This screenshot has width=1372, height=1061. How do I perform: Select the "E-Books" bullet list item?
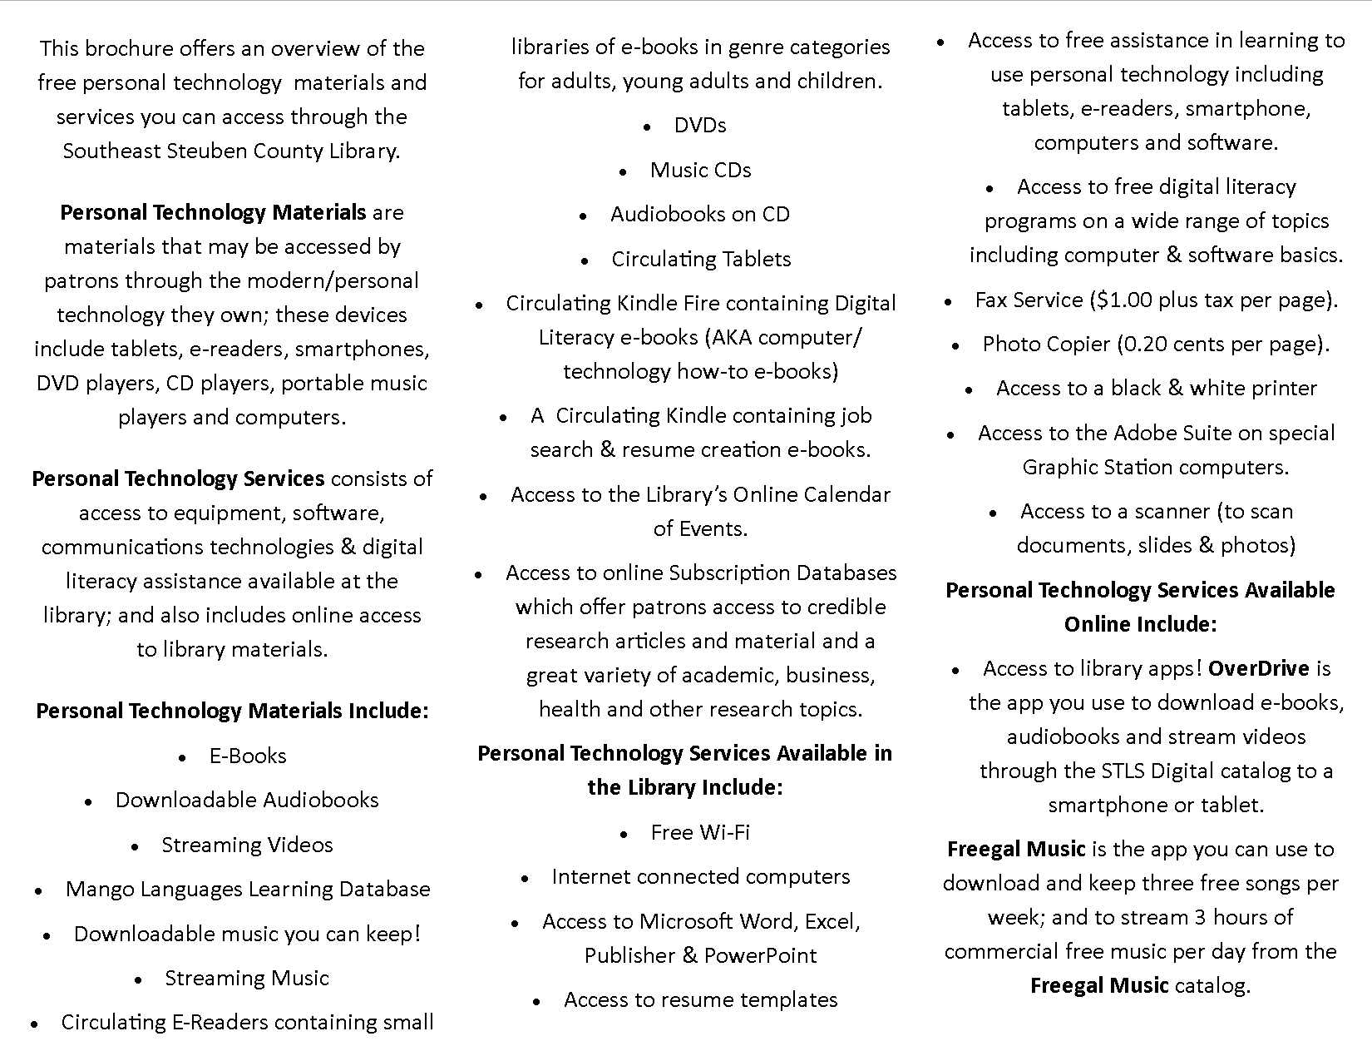point(248,756)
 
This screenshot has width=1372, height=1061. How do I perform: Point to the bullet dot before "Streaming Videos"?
point(136,846)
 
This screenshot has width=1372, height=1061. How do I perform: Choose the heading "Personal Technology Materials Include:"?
point(232,711)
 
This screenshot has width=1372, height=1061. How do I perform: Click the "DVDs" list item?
point(700,125)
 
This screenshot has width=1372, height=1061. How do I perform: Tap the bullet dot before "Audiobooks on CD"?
point(585,216)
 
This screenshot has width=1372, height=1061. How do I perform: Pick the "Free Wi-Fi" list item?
point(700,832)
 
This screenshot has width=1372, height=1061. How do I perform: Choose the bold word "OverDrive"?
point(1258,668)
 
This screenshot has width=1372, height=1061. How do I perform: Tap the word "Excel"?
point(830,921)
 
